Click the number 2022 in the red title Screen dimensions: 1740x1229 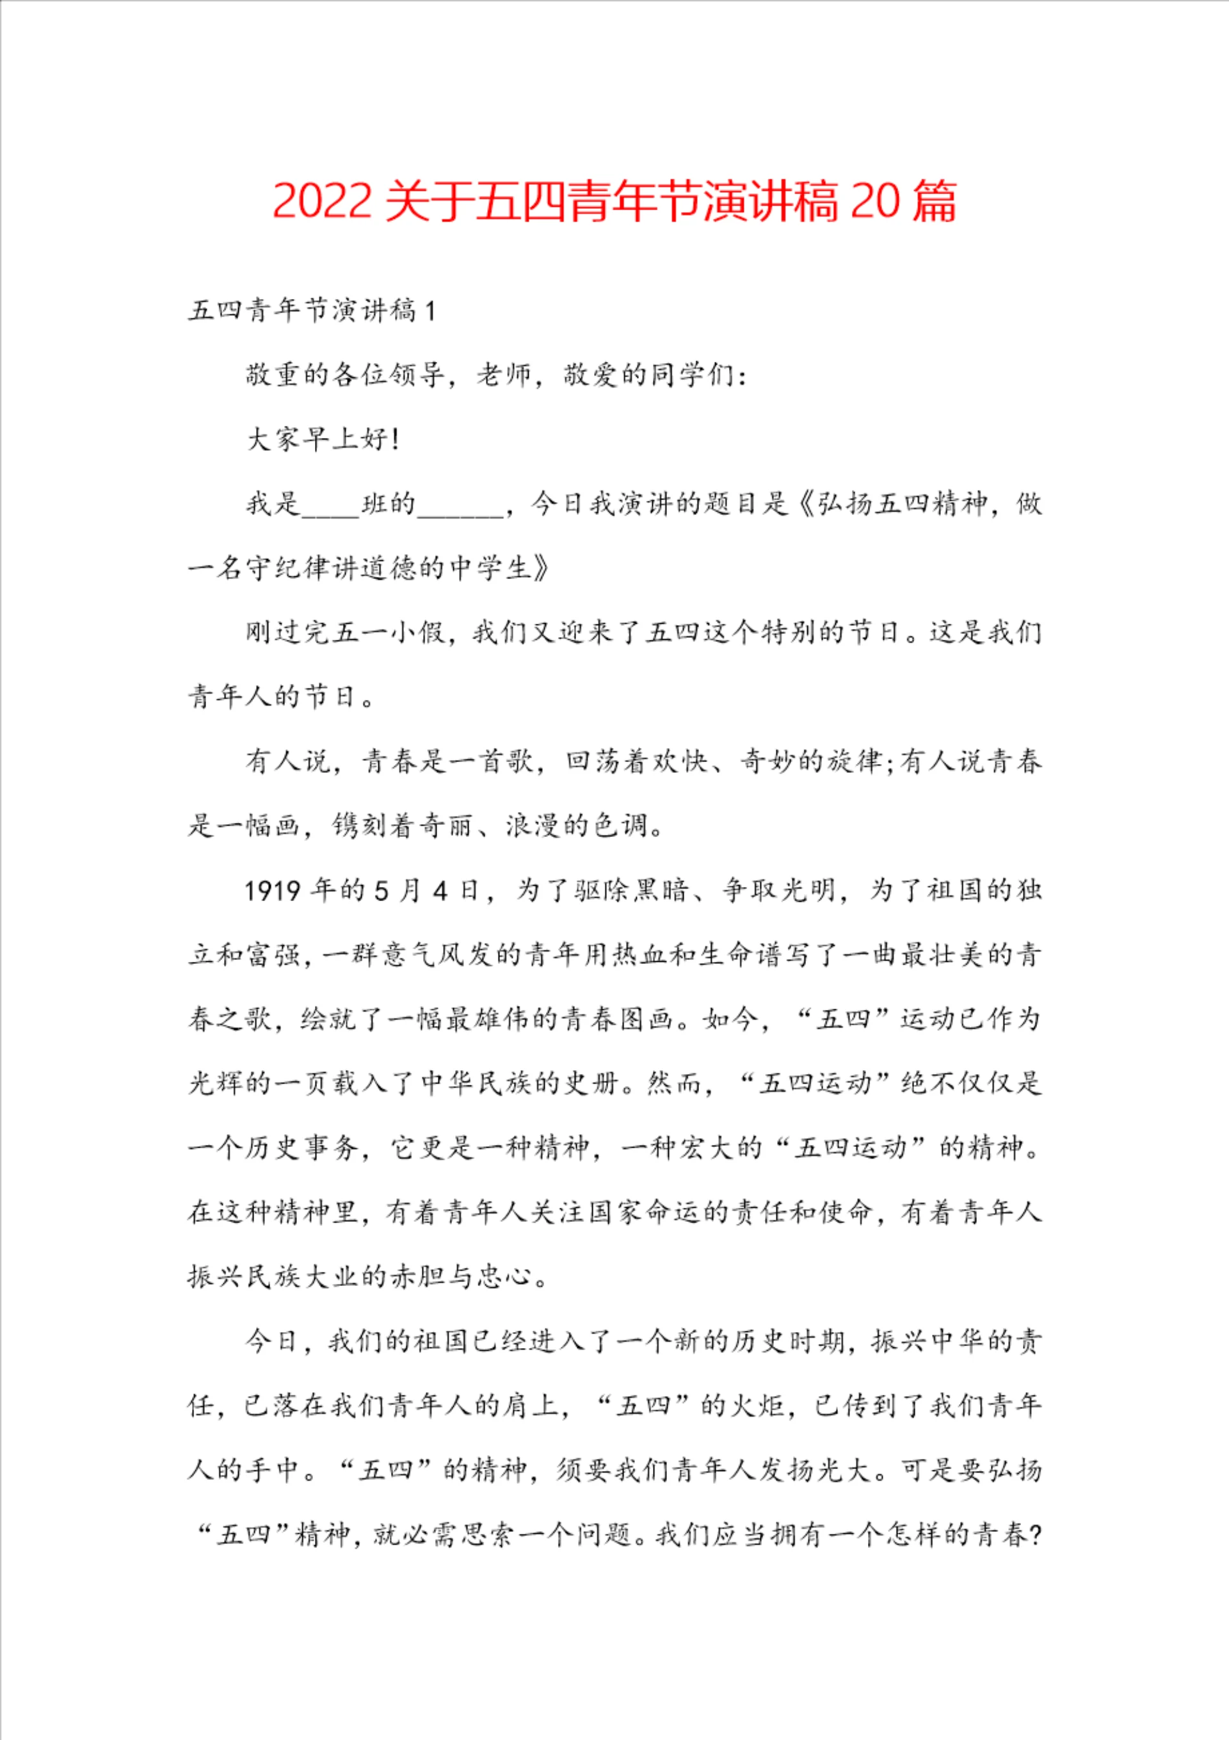pos(321,202)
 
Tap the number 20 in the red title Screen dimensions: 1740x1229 pos(875,202)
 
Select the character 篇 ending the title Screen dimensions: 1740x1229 pos(935,202)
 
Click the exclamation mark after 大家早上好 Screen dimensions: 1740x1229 pos(396,439)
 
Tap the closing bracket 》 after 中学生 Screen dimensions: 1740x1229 pos(540,567)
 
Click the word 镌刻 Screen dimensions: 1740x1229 pos(360,825)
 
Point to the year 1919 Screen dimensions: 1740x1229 pos(273,890)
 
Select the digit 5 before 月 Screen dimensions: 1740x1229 pos(383,890)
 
